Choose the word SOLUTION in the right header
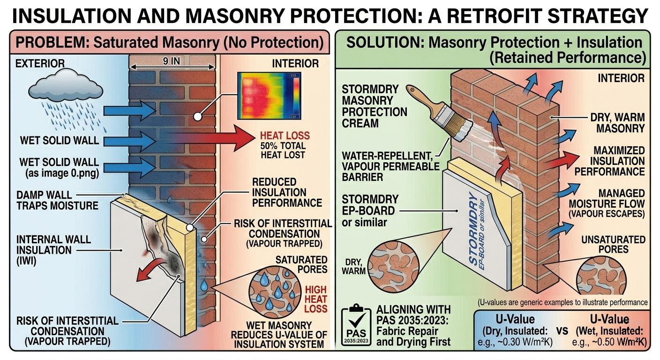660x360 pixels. [x=384, y=43]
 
